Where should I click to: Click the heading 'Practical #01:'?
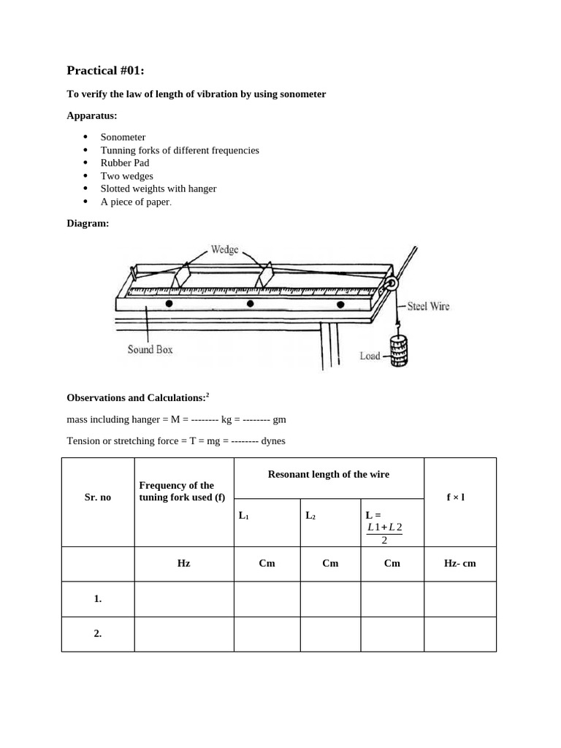point(105,71)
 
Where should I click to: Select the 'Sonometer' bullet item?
point(123,137)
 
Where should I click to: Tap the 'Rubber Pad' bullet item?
point(124,163)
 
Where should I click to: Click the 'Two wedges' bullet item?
point(126,176)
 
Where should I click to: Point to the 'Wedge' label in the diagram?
point(224,250)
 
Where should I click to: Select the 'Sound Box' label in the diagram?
point(150,350)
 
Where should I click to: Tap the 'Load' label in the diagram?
point(370,356)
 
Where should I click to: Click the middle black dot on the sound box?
point(250,304)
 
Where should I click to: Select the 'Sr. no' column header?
point(97,497)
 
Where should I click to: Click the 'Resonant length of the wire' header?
point(328,475)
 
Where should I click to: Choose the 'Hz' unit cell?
point(183,564)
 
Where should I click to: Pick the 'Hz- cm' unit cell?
point(459,564)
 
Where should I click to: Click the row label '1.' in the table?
point(97,599)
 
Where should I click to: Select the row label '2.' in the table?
point(97,634)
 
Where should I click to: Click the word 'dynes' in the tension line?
point(271,441)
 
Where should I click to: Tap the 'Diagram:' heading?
point(88,224)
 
